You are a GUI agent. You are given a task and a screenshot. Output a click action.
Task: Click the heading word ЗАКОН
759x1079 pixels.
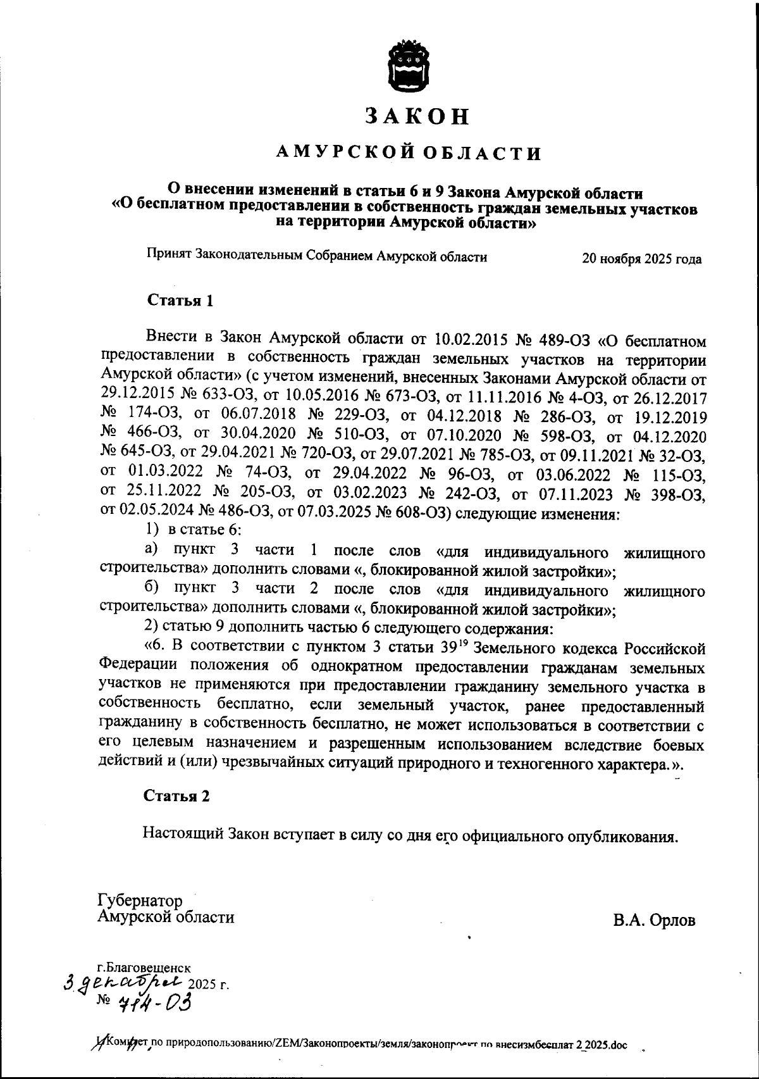click(417, 115)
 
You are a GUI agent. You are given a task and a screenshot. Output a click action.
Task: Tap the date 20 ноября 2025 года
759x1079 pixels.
click(641, 259)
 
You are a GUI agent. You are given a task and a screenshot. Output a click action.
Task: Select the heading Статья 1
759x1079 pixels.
click(180, 300)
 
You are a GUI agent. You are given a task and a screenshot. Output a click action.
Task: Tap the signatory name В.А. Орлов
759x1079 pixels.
click(653, 920)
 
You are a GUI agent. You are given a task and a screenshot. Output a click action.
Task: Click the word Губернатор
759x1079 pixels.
click(140, 901)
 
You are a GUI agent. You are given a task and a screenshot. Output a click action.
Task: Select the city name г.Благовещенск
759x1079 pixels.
click(144, 968)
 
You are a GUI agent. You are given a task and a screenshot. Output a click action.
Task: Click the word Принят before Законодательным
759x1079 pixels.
click(170, 256)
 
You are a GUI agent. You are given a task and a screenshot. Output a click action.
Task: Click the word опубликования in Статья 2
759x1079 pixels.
click(632, 836)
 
